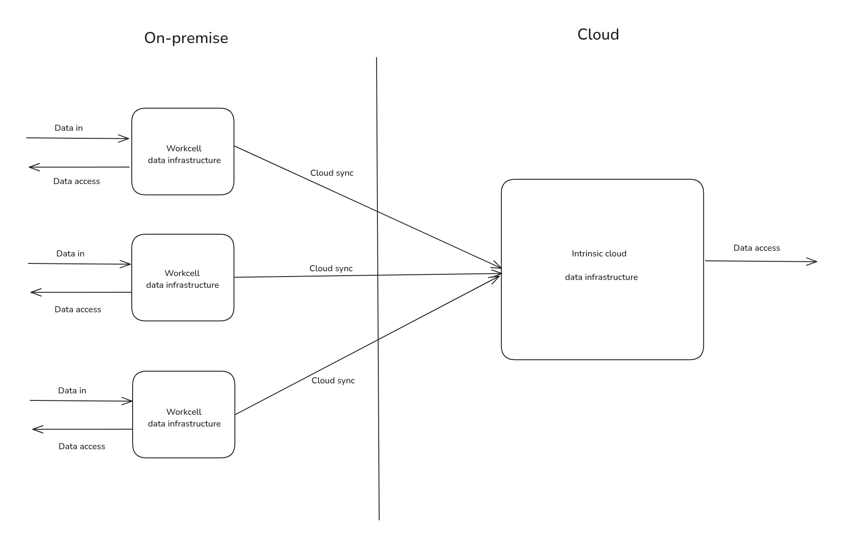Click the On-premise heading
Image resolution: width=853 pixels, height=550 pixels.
pyautogui.click(x=186, y=38)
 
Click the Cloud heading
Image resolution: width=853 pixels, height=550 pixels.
pyautogui.click(x=598, y=35)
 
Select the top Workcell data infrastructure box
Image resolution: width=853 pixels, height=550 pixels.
pyautogui.click(x=183, y=151)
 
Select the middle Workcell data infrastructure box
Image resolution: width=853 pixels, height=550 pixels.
pyautogui.click(x=183, y=277)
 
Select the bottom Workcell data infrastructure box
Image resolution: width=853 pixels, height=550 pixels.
pyautogui.click(x=184, y=414)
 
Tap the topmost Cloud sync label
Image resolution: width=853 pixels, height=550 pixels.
pyautogui.click(x=332, y=173)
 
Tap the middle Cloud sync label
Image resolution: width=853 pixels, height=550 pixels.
pyautogui.click(x=331, y=269)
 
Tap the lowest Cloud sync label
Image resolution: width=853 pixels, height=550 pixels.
pyautogui.click(x=333, y=381)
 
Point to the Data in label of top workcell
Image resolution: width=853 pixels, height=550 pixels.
pyautogui.click(x=69, y=128)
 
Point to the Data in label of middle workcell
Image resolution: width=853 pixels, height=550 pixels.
pyautogui.click(x=70, y=254)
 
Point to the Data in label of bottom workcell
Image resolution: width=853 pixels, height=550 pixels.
pyautogui.click(x=72, y=391)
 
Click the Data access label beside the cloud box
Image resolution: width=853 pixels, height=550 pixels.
pyautogui.click(x=756, y=248)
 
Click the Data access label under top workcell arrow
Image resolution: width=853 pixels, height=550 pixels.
pyautogui.click(x=76, y=181)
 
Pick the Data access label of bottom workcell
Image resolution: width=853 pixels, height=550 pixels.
pyautogui.click(x=82, y=447)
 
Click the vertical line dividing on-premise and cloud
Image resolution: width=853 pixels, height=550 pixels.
pyautogui.click(x=378, y=305)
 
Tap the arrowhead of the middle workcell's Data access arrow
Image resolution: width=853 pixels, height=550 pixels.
pyautogui.click(x=34, y=292)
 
